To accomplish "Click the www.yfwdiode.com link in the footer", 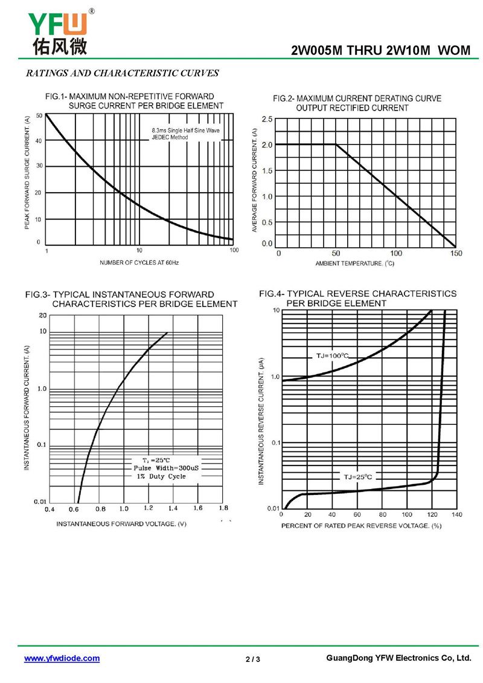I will click(62, 658).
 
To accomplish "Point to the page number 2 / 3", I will click(253, 659).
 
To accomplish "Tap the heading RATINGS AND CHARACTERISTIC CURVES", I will click(122, 74).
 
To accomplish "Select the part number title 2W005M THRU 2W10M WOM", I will click(380, 51).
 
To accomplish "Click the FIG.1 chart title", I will click(134, 101).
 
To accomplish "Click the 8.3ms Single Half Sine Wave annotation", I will click(185, 131).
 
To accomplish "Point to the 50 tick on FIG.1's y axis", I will click(39, 115).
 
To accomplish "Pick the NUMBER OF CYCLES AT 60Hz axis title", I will click(139, 263).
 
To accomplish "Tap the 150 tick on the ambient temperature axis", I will click(456, 253).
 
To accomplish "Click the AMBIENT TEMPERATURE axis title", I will click(354, 264).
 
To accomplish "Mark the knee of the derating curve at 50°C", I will click(336, 144).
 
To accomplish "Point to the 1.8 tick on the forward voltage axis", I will click(223, 508).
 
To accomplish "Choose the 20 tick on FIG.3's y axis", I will click(43, 316).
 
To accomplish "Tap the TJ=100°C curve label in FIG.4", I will click(333, 355).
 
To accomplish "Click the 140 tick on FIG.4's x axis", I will click(456, 514).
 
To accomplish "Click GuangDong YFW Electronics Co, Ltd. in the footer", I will click(398, 658).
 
